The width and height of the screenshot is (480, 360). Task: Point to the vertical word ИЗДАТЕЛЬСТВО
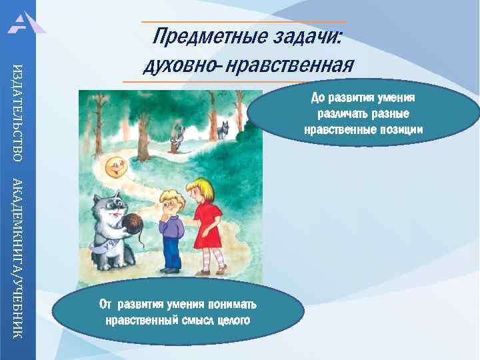(18, 111)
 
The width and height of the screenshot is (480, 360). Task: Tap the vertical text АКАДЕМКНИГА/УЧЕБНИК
(18, 257)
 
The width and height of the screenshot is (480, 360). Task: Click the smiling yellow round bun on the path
(117, 167)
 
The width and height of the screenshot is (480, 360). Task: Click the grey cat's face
(111, 203)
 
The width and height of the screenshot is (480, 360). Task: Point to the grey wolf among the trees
(221, 128)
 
